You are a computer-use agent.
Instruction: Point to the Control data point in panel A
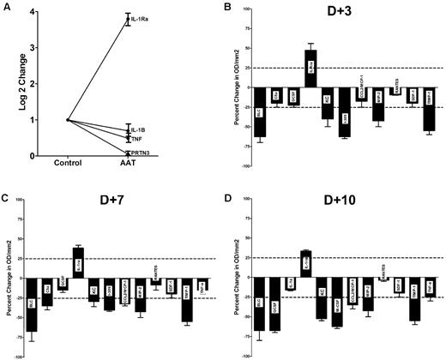(x=68, y=120)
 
